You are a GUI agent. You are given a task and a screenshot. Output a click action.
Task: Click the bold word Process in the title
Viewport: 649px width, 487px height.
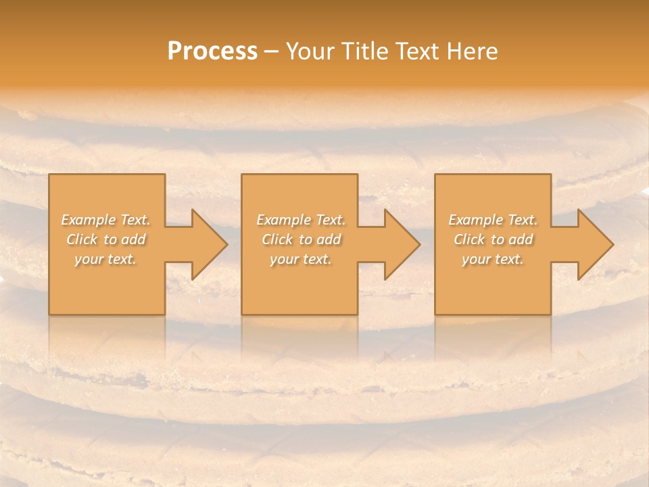point(212,51)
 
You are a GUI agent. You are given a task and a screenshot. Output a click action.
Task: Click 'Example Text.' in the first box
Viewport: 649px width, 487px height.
point(105,220)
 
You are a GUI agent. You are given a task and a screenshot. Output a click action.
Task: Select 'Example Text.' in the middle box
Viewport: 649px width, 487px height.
point(300,220)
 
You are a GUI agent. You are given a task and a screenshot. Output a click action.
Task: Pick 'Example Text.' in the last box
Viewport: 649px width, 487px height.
point(493,220)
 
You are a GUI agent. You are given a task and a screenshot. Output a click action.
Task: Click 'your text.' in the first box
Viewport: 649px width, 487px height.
point(105,260)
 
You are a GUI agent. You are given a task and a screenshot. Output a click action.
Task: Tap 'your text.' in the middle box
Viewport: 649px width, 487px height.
point(300,260)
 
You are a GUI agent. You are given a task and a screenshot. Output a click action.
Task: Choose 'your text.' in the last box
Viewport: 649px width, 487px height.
point(493,260)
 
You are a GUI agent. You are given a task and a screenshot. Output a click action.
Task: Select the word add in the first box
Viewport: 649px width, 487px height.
point(134,239)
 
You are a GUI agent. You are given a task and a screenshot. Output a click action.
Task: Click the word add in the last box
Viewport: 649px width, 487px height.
point(521,239)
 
